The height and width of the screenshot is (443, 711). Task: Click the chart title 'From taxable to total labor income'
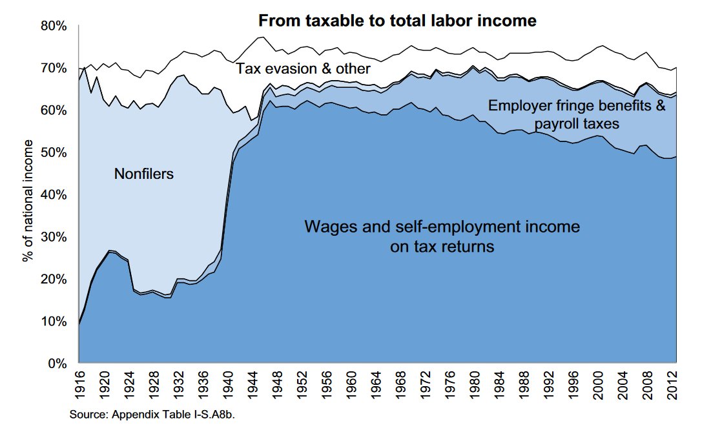coord(397,21)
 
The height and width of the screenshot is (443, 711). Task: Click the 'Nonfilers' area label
coord(144,173)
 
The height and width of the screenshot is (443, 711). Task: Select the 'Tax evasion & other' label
coord(303,68)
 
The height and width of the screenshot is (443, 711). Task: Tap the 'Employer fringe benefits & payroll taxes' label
coord(577,114)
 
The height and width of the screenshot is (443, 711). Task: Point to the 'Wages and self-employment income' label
coord(442,227)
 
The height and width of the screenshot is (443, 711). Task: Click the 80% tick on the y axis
coord(54,26)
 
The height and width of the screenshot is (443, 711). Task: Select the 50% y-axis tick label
coord(54,152)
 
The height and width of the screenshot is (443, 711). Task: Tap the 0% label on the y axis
coord(57,364)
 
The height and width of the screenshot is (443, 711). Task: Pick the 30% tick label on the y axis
coord(54,237)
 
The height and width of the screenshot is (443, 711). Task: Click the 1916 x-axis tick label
coord(79,385)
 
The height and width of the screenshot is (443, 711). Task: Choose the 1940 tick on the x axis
coord(229,385)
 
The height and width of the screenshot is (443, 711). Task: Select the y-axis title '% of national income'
coord(28,194)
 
